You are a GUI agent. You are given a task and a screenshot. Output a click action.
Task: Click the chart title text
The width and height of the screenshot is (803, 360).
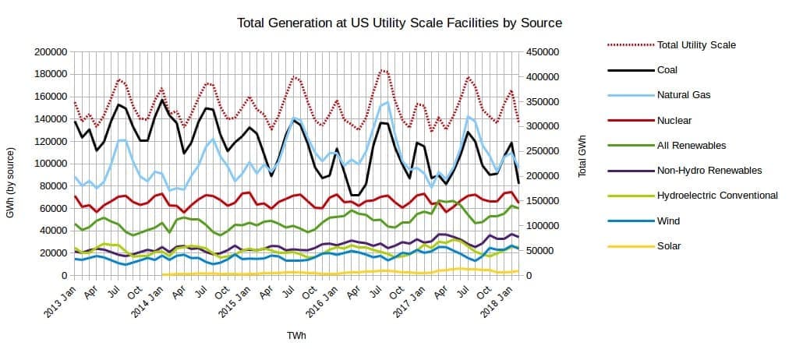pyautogui.click(x=398, y=22)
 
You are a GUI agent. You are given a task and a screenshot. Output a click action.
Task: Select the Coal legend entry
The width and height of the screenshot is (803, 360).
pyautogui.click(x=667, y=70)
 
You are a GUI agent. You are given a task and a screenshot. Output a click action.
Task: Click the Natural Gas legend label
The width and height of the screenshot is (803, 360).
pyautogui.click(x=684, y=95)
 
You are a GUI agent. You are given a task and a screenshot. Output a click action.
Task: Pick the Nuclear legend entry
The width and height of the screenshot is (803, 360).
pyautogui.click(x=674, y=121)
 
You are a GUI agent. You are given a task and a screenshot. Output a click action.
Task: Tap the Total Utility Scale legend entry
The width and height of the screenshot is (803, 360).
pyautogui.click(x=696, y=45)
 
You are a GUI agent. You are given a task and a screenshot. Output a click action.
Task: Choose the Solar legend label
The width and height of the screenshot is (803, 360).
pyautogui.click(x=669, y=246)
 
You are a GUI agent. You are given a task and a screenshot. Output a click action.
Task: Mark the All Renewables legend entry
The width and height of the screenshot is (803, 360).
pyautogui.click(x=692, y=146)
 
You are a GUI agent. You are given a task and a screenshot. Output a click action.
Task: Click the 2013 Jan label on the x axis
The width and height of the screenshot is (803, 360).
pyautogui.click(x=58, y=298)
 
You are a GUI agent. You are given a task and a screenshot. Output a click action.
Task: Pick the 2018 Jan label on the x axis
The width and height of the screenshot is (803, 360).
pyautogui.click(x=497, y=298)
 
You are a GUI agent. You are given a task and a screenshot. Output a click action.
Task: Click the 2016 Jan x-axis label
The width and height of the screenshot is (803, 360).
pyautogui.click(x=321, y=298)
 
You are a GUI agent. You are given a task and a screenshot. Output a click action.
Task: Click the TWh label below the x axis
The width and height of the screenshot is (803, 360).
pyautogui.click(x=296, y=336)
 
